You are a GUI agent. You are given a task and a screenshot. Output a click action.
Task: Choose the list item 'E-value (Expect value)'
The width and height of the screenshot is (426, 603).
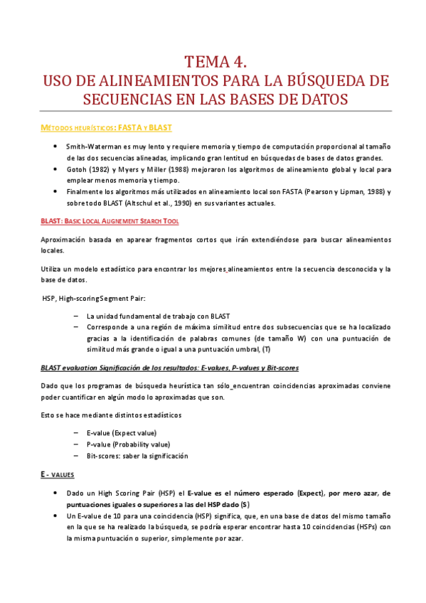122,432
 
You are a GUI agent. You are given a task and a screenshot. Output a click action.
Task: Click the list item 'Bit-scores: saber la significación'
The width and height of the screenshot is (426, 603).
137,456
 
